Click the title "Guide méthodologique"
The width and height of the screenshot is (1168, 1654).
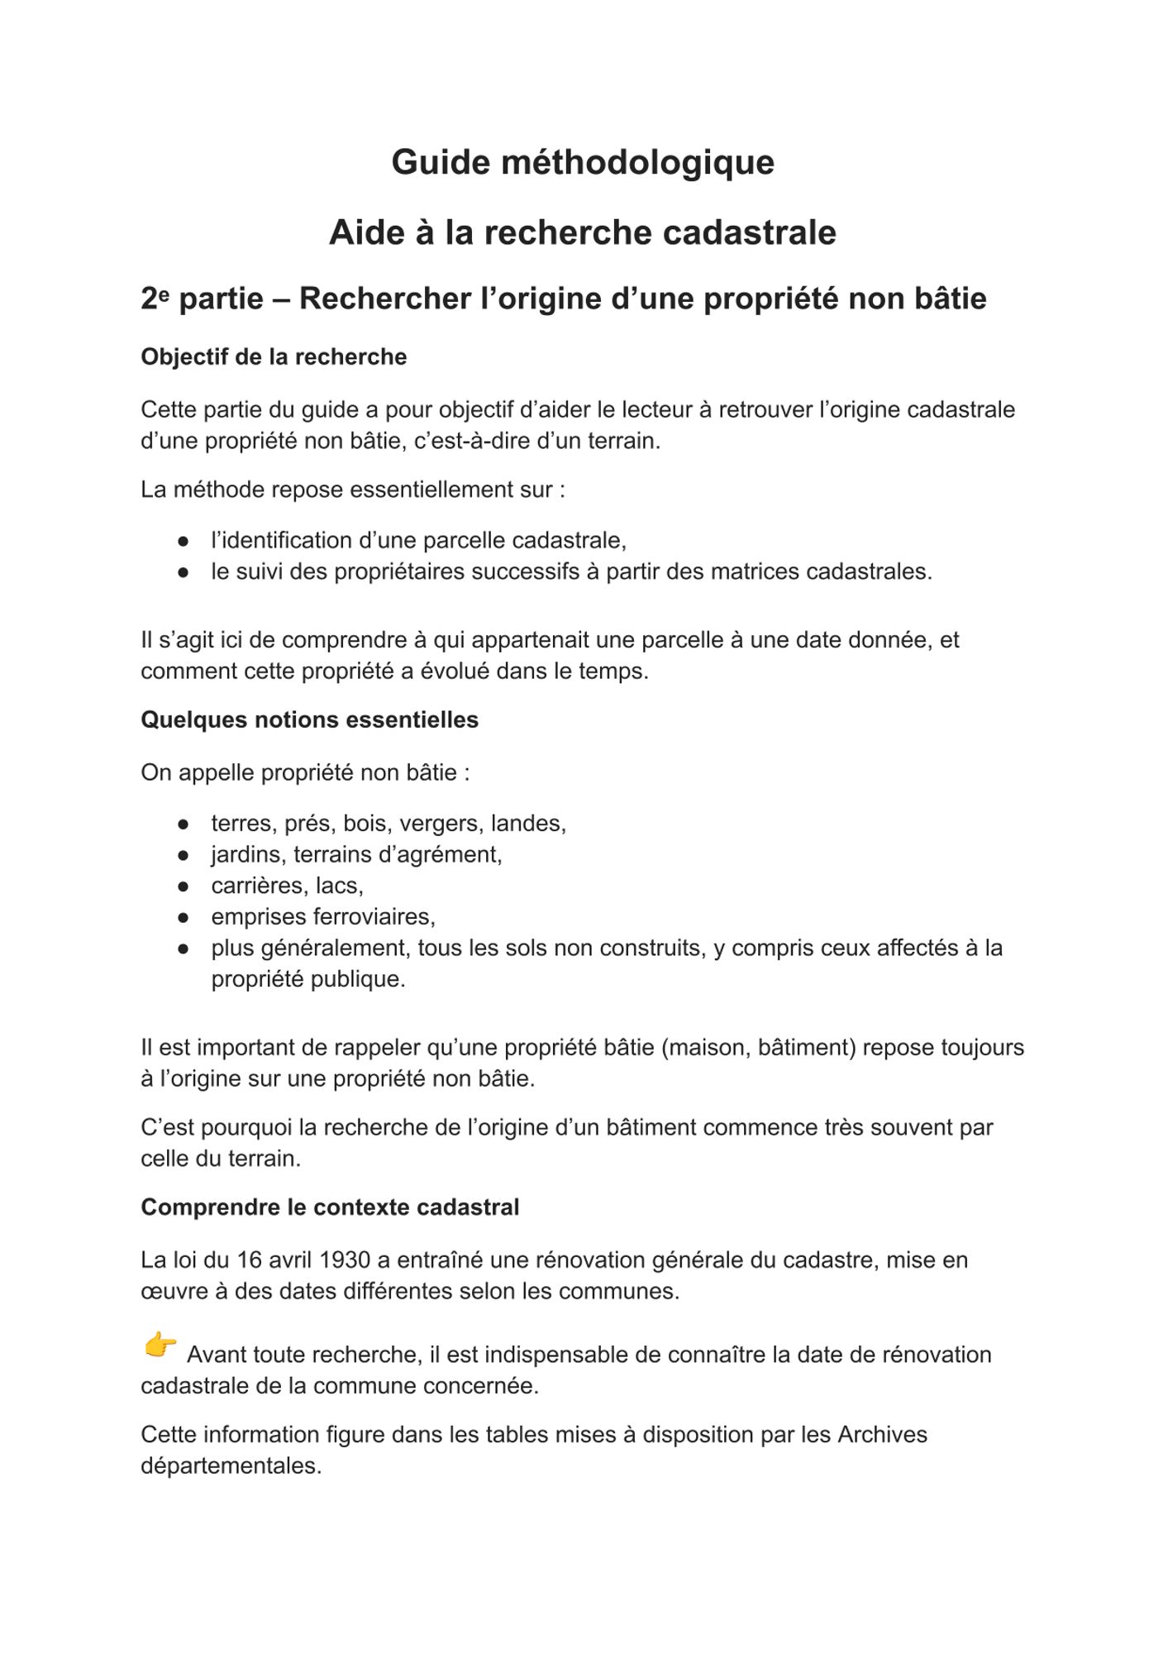tap(583, 162)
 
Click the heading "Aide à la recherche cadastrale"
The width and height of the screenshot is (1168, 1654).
tap(583, 232)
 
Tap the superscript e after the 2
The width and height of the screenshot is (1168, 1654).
tap(164, 292)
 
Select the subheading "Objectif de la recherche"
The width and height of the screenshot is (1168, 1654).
tap(274, 356)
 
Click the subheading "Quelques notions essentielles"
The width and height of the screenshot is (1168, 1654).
tap(309, 719)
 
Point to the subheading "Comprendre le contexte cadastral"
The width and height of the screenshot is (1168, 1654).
tap(330, 1207)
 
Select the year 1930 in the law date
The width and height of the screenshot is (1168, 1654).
tap(344, 1260)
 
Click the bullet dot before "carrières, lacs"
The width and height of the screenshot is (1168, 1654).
tap(184, 886)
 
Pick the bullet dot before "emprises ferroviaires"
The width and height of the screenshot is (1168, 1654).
tap(184, 917)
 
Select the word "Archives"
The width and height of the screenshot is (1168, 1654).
tap(882, 1434)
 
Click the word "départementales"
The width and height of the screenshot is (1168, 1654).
tap(231, 1465)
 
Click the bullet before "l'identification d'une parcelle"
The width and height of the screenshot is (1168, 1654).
tap(184, 541)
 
